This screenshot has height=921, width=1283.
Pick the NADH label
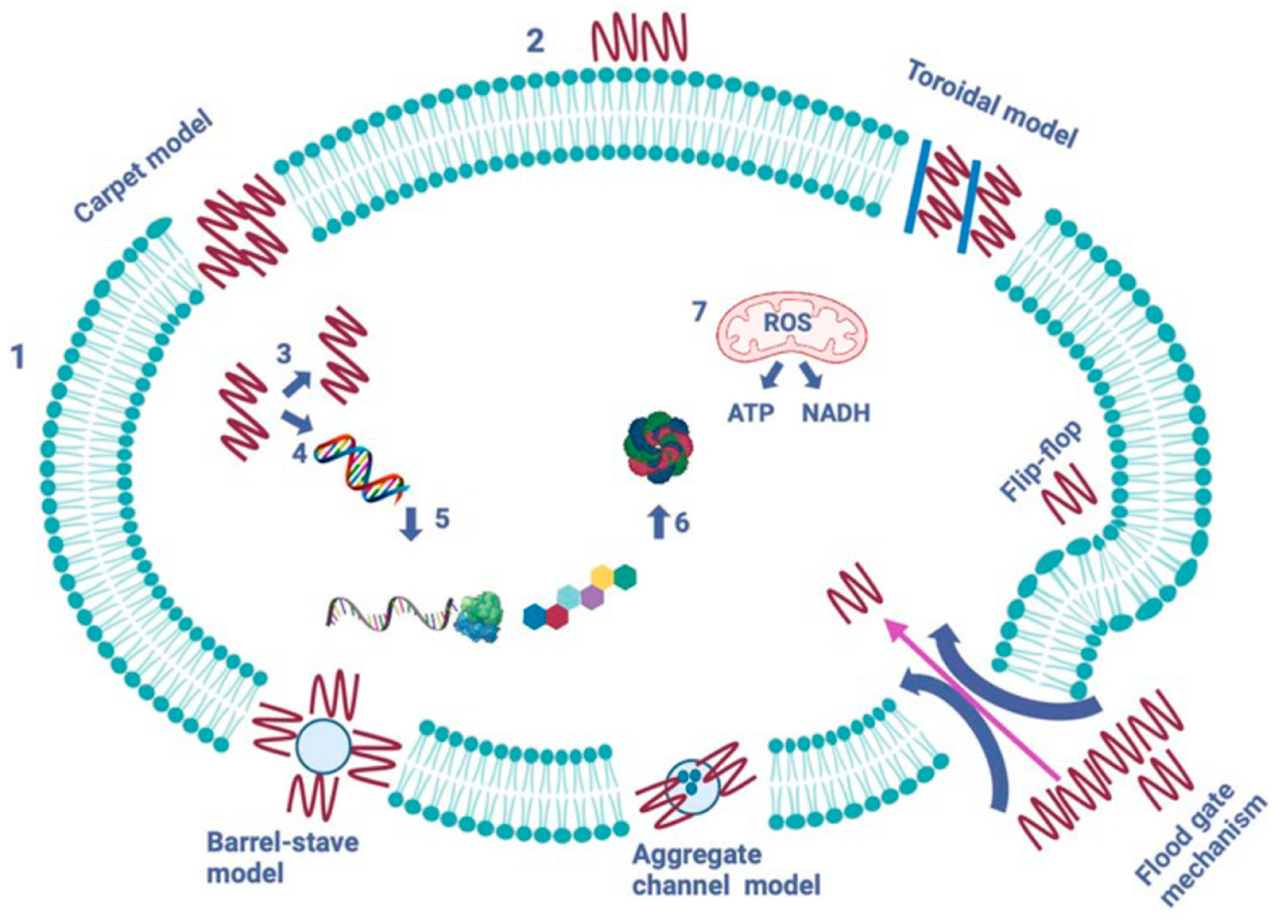coord(836,413)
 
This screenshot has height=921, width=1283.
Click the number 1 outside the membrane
coord(19,357)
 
